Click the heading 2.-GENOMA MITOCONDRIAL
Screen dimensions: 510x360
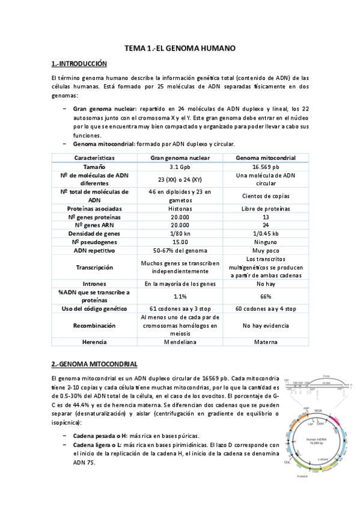click(94, 364)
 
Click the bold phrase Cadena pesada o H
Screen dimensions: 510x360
click(100, 435)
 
